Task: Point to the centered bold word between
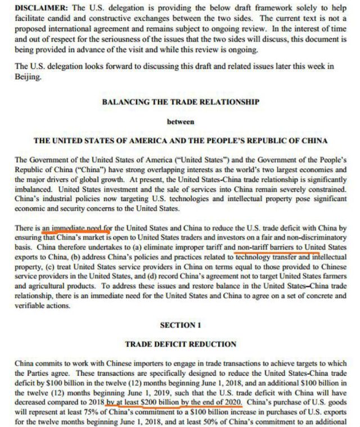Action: [x=180, y=121]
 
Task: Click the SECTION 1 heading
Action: [x=181, y=325]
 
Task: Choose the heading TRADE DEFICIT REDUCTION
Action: [x=181, y=344]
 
